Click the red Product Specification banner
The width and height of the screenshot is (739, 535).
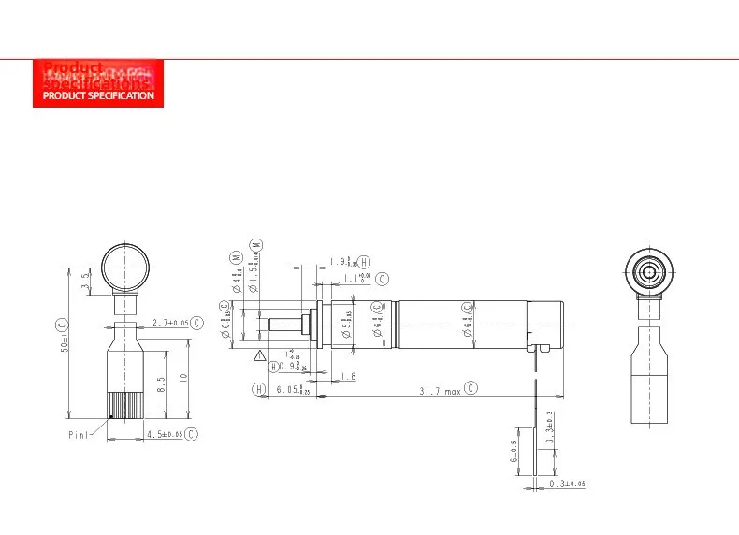coord(98,83)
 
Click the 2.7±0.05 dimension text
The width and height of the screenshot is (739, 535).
coord(170,322)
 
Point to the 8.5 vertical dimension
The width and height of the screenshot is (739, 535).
coord(162,383)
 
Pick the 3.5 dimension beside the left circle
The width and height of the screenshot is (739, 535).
coord(85,279)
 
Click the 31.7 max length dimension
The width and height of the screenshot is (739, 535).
coord(439,390)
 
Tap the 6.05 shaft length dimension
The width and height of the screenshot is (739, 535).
coord(293,389)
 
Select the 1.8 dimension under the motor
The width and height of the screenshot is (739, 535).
coord(348,376)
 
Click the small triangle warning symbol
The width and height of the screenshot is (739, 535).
coord(259,355)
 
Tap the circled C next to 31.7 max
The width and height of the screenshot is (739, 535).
coord(471,388)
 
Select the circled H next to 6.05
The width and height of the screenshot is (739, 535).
coord(257,389)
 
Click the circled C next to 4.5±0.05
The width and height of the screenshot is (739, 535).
coord(191,434)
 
